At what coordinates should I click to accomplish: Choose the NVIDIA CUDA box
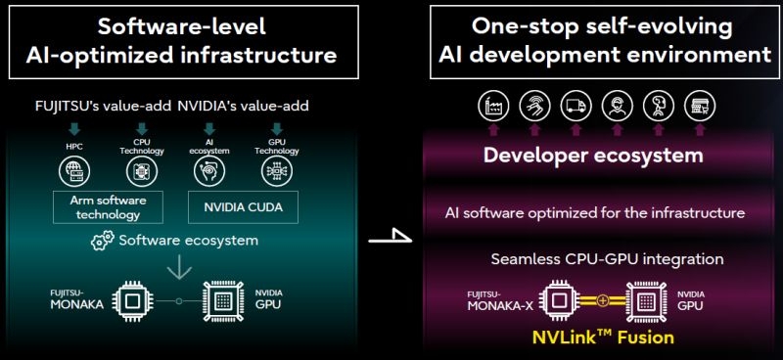[x=240, y=206]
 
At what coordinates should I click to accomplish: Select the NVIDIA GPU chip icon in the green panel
[x=218, y=300]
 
